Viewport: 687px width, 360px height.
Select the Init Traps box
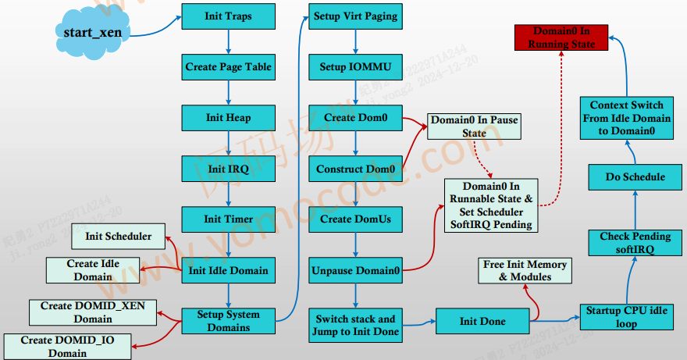228,16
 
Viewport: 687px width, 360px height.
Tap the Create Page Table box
228,67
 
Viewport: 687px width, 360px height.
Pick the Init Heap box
228,118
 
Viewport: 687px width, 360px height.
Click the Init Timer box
228,219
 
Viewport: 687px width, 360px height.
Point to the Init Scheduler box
118,236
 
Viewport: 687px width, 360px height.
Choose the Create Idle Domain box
93,270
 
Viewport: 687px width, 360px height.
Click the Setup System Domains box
228,321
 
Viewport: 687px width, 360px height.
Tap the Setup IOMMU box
355,67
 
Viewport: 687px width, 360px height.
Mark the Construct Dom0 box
355,169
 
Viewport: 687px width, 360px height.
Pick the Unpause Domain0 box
355,270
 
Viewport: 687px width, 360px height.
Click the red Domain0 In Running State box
561,37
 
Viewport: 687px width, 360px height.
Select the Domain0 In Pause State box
474,127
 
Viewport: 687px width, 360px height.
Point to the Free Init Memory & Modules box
525,270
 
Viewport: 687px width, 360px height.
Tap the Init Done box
482,321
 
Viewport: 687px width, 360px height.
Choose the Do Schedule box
635,176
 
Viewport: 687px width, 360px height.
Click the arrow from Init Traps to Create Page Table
228,42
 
